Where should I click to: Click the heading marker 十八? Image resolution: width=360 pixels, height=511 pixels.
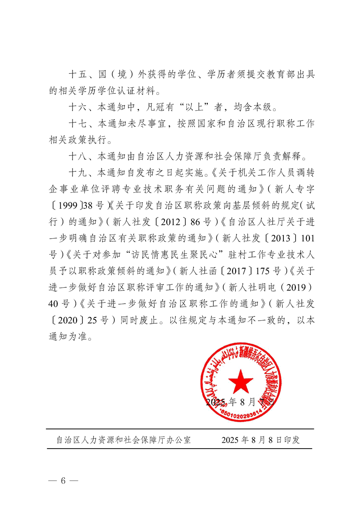tap(76, 156)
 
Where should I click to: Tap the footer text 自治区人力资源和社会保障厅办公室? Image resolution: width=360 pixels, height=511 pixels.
tap(123, 440)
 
